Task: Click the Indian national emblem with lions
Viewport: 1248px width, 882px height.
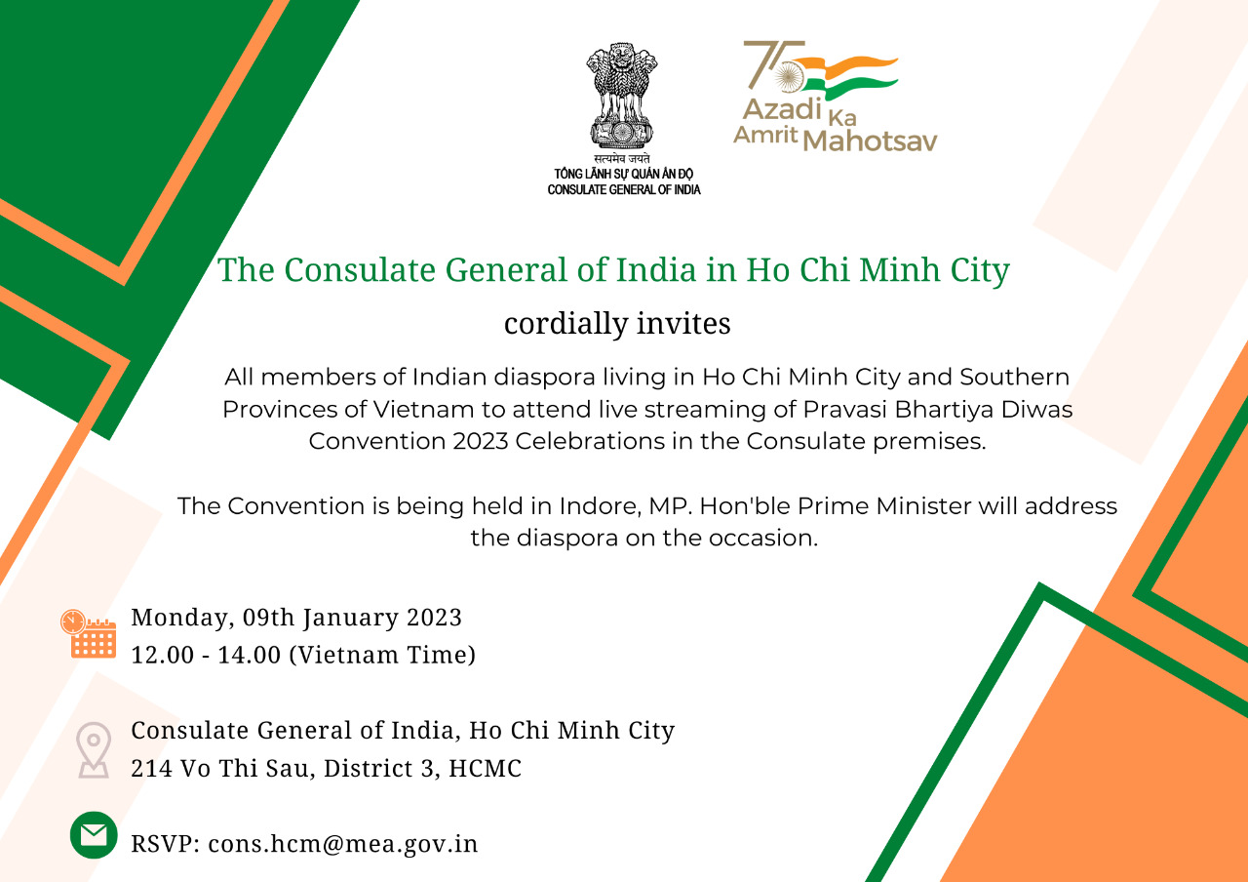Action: coord(622,96)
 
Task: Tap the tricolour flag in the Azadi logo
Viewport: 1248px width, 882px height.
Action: coord(845,78)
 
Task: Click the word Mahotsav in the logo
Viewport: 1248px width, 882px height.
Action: coord(870,141)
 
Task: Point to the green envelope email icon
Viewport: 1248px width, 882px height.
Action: coord(94,834)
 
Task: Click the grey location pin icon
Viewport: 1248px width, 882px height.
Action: coord(94,750)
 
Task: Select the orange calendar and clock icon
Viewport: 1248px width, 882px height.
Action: coord(89,634)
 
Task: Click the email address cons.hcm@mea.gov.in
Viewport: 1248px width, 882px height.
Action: coord(343,844)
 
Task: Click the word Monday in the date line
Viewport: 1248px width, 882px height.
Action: coord(179,618)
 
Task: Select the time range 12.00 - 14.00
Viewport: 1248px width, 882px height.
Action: coord(206,655)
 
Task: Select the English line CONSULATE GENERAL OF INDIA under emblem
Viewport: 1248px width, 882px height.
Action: coord(623,189)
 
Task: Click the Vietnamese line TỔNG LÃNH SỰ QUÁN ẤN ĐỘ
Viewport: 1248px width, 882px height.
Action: coord(623,173)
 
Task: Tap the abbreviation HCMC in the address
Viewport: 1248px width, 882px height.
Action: coord(486,768)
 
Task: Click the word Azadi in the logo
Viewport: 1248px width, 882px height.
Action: coord(783,108)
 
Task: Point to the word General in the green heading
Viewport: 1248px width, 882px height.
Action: coord(506,270)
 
